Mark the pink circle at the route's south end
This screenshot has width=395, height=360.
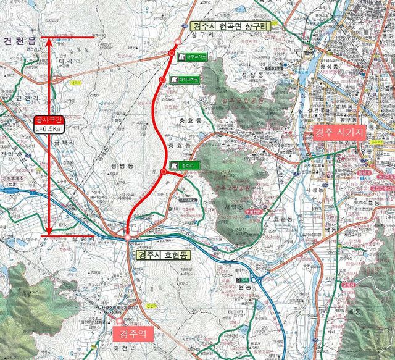127,237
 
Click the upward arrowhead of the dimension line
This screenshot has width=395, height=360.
48,41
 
